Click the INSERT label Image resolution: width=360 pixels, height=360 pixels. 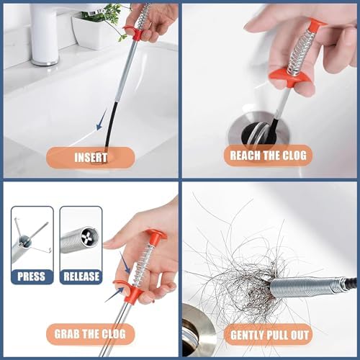91,158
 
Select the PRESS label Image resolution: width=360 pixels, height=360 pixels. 31,276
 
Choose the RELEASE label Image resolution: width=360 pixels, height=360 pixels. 81,276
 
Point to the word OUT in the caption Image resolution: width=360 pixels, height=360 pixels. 300,335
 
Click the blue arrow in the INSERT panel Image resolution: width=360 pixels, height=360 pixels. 101,120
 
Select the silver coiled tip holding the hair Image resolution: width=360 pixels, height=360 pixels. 305,286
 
